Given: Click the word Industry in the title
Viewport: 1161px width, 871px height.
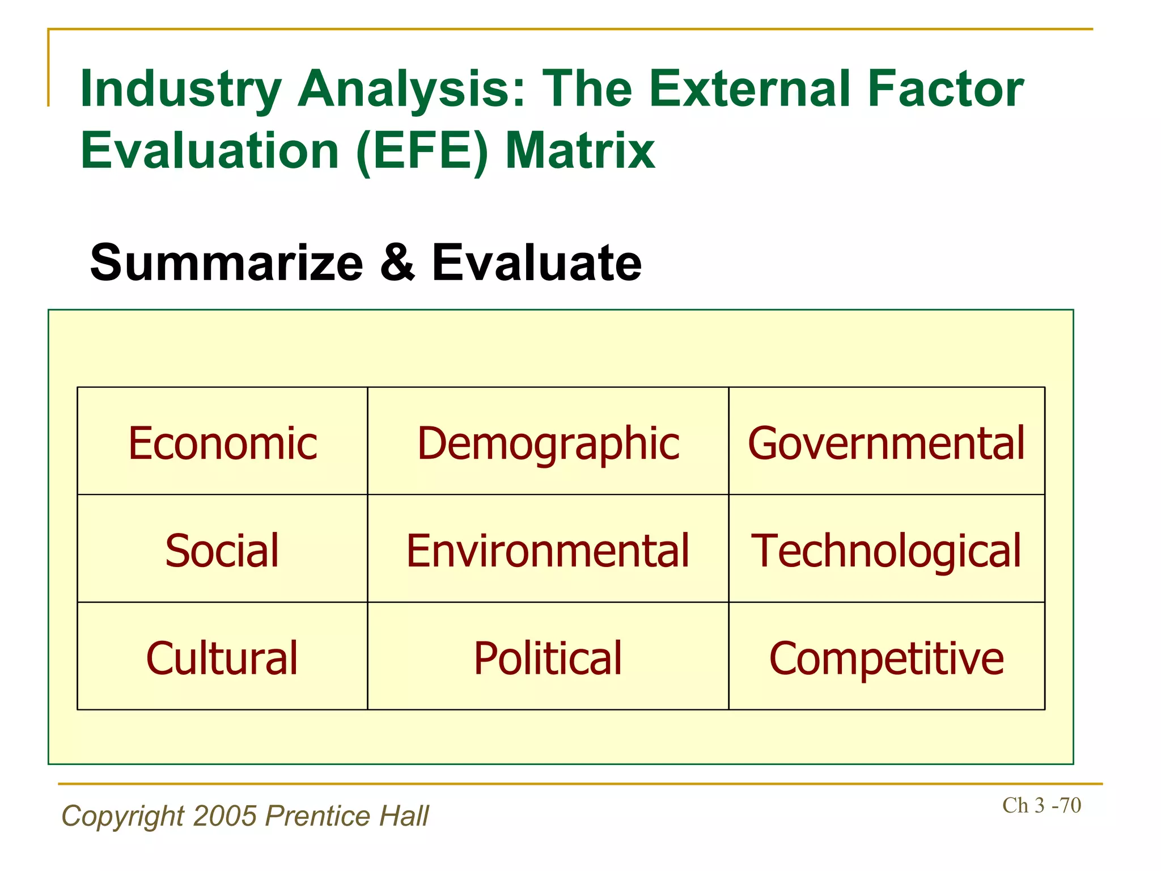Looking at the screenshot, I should coord(181,90).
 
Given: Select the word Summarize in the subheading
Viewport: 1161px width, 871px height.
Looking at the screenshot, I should coord(226,263).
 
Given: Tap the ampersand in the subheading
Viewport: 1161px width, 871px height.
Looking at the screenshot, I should coord(397,263).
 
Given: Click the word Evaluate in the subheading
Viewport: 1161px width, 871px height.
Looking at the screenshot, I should coord(536,263).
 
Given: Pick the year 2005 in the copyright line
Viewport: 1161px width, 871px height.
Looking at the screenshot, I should coord(225,816).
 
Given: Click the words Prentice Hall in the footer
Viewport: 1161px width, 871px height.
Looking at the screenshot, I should coord(347,816).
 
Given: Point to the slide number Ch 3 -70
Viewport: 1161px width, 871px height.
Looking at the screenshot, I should coord(1041,805).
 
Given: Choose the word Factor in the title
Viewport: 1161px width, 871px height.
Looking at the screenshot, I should coord(946,90).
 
